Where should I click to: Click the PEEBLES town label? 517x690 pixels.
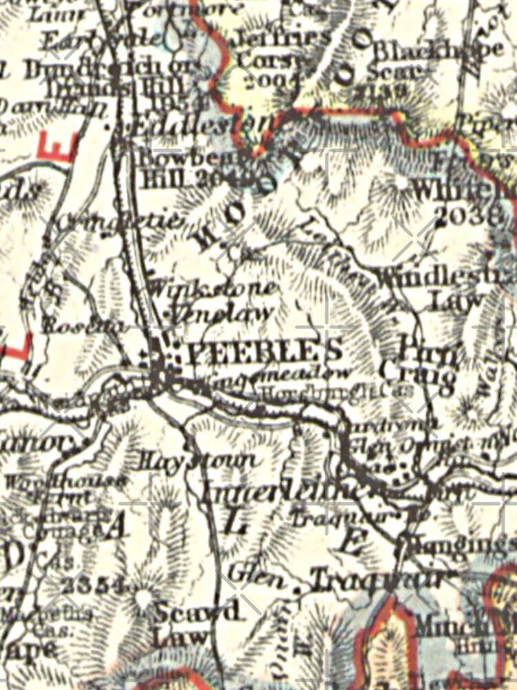click(x=265, y=351)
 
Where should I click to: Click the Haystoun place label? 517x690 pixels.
click(x=196, y=459)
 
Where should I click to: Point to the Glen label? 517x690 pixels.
click(x=247, y=572)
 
